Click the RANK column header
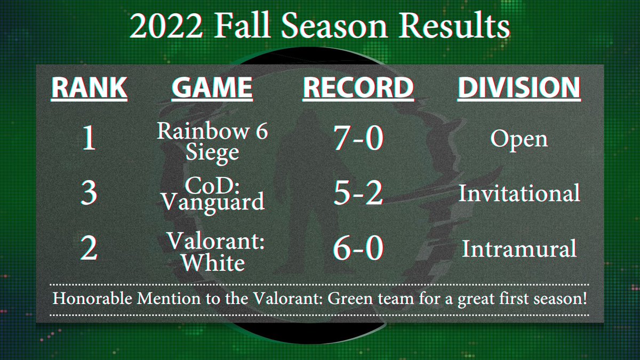click(x=89, y=89)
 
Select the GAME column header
click(x=212, y=89)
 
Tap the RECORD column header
click(x=358, y=89)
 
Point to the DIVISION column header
click(x=519, y=89)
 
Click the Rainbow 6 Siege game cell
click(x=212, y=142)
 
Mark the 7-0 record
click(x=358, y=140)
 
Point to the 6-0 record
click(x=358, y=250)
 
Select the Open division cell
click(x=519, y=140)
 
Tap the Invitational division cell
click(x=519, y=193)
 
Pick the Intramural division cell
click(x=519, y=249)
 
